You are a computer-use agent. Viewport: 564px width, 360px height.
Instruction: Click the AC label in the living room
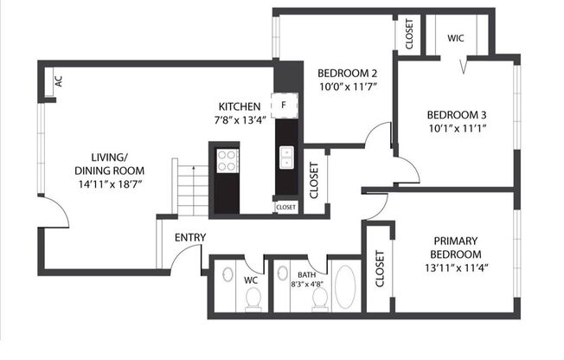pyautogui.click(x=58, y=81)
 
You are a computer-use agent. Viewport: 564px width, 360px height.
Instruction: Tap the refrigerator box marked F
pyautogui.click(x=285, y=106)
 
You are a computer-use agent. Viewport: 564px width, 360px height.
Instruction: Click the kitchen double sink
pyautogui.click(x=286, y=157)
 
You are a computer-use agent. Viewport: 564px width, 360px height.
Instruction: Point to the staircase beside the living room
pyautogui.click(x=192, y=188)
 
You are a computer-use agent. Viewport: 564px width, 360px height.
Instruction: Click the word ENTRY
pyautogui.click(x=190, y=237)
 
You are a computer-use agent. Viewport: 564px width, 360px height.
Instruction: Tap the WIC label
pyautogui.click(x=455, y=38)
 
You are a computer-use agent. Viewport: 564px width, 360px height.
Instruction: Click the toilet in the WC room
pyautogui.click(x=253, y=299)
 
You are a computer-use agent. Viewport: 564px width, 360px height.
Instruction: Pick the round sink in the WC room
pyautogui.click(x=227, y=275)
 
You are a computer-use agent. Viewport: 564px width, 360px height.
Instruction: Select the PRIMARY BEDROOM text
pyautogui.click(x=457, y=247)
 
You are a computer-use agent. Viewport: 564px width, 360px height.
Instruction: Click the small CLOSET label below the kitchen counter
pyautogui.click(x=285, y=207)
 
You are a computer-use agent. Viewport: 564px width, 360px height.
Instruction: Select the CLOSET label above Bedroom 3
pyautogui.click(x=408, y=34)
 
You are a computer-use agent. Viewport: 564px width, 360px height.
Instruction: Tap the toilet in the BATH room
pyautogui.click(x=320, y=299)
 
